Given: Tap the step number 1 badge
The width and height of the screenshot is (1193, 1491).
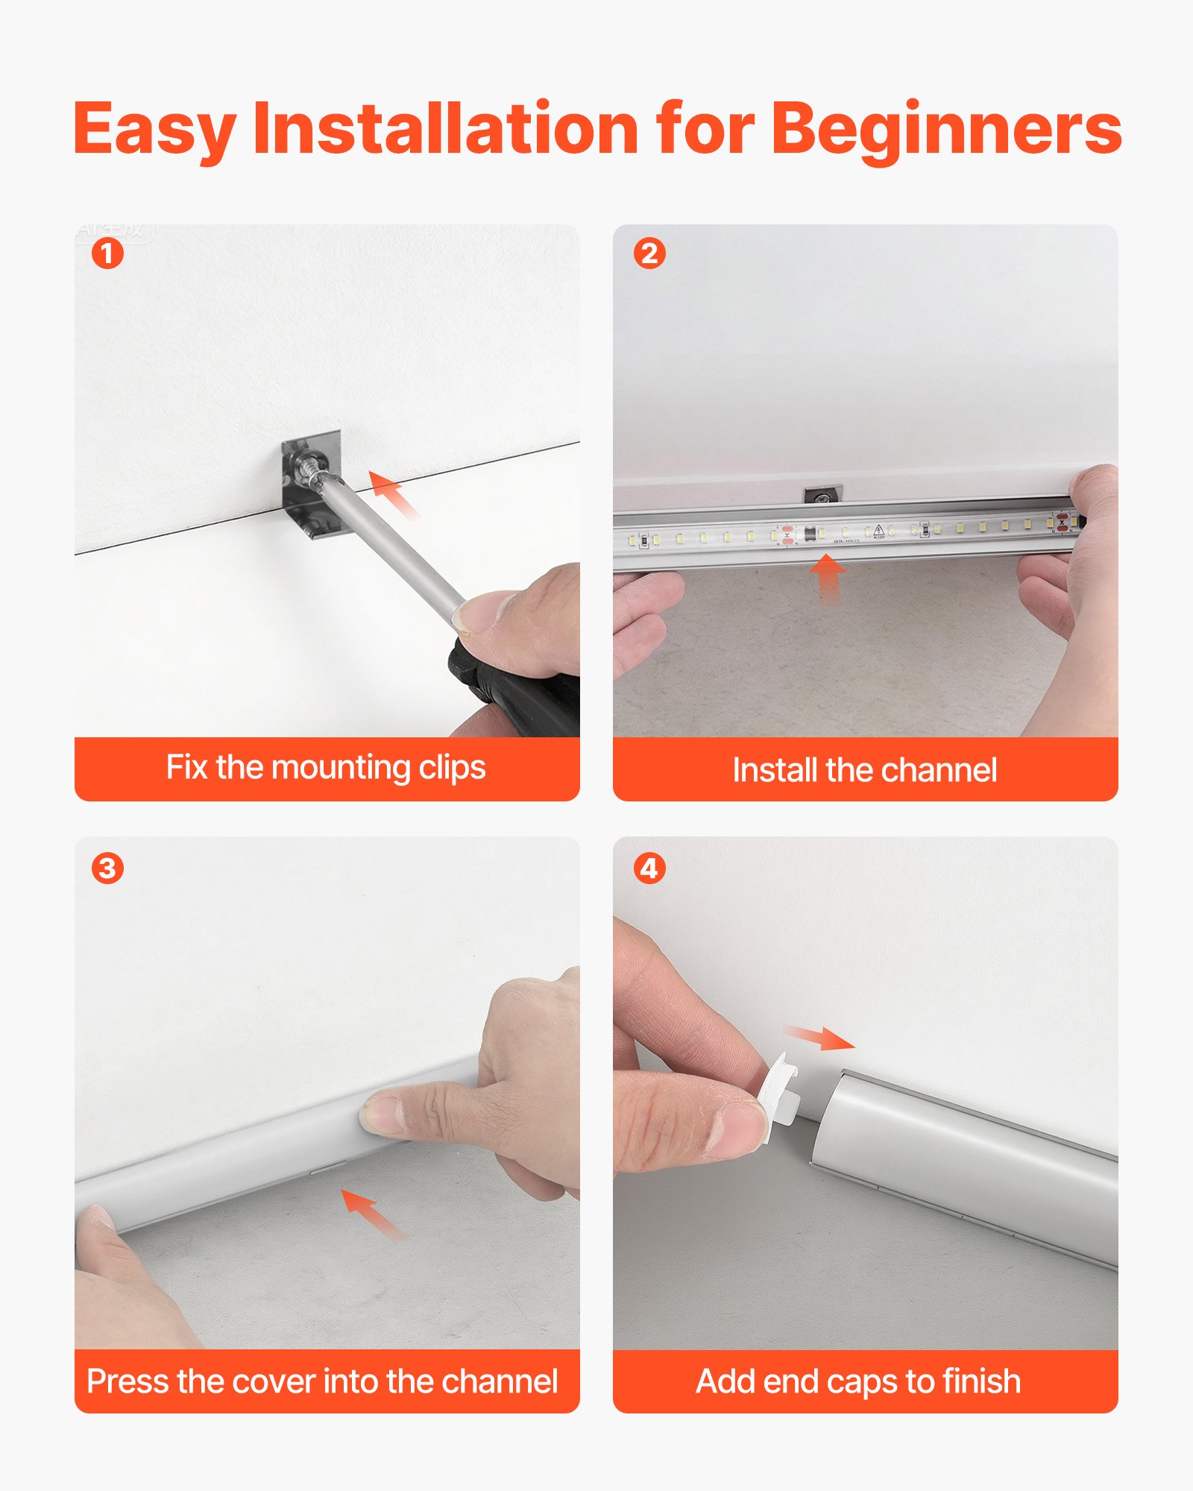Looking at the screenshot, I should tap(107, 253).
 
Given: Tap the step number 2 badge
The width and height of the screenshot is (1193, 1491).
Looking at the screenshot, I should tap(649, 253).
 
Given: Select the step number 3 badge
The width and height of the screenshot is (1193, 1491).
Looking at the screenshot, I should tap(107, 869).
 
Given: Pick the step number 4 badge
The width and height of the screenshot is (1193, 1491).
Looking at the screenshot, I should tap(649, 869).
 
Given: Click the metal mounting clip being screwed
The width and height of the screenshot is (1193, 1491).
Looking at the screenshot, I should tap(312, 485).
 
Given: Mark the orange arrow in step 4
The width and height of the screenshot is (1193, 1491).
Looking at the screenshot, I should tap(820, 1036).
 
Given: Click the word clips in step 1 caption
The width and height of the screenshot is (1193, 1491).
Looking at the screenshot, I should tap(452, 768).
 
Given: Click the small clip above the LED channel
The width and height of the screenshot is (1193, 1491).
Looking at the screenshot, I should tap(822, 494).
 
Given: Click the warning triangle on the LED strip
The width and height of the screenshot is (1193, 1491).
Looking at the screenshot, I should tap(879, 529).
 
